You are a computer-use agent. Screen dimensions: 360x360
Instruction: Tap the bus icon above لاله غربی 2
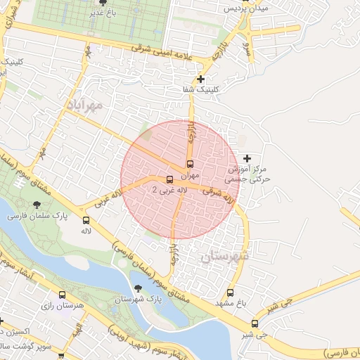coord(169,179)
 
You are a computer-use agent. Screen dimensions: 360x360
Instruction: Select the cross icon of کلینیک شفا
coord(202,79)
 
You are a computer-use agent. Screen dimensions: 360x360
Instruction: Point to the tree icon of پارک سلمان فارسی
coord(36,205)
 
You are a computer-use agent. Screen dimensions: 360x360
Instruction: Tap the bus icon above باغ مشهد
coord(230,292)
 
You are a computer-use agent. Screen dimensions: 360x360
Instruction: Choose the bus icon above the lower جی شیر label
coord(255,324)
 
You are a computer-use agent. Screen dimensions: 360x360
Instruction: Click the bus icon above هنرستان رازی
coord(63,296)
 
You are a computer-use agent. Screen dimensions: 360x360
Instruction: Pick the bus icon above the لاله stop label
coord(86,220)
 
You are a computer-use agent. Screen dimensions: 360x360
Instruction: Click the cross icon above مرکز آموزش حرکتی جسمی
coord(246,160)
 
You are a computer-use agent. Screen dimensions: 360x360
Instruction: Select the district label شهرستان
coord(225,257)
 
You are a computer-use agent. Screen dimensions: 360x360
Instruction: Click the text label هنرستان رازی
coord(63,307)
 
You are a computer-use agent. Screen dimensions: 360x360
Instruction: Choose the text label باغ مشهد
coord(230,303)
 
